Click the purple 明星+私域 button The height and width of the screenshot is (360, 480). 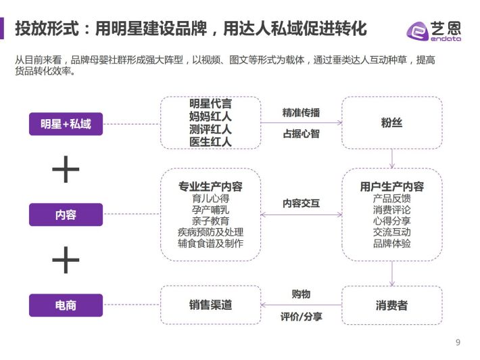pos(66,124)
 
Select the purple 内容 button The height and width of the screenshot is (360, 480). pos(66,215)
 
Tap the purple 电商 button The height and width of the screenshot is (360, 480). pos(66,305)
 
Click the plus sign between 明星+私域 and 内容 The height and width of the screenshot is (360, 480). pos(66,169)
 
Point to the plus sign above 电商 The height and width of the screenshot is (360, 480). pos(66,260)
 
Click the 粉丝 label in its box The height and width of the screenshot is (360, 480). pos(391,122)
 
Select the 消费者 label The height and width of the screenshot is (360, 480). pos(391,305)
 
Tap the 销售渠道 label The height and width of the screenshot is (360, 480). pos(211,305)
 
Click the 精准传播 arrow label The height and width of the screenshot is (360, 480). pos(302,113)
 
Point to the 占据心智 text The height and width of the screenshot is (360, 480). pos(302,133)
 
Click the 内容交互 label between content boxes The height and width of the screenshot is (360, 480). pos(302,203)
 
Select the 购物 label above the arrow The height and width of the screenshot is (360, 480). pos(302,294)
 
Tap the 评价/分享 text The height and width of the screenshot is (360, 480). pos(302,317)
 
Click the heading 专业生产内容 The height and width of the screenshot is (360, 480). pos(211,186)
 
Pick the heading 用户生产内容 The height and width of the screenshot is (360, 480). pos(392,186)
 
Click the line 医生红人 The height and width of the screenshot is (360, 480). pos(211,142)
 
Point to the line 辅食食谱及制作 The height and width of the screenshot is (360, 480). pos(211,243)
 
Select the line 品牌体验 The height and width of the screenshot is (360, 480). pos(392,243)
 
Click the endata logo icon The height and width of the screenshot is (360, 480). pos(418,31)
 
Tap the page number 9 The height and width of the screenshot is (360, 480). pos(458,342)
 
